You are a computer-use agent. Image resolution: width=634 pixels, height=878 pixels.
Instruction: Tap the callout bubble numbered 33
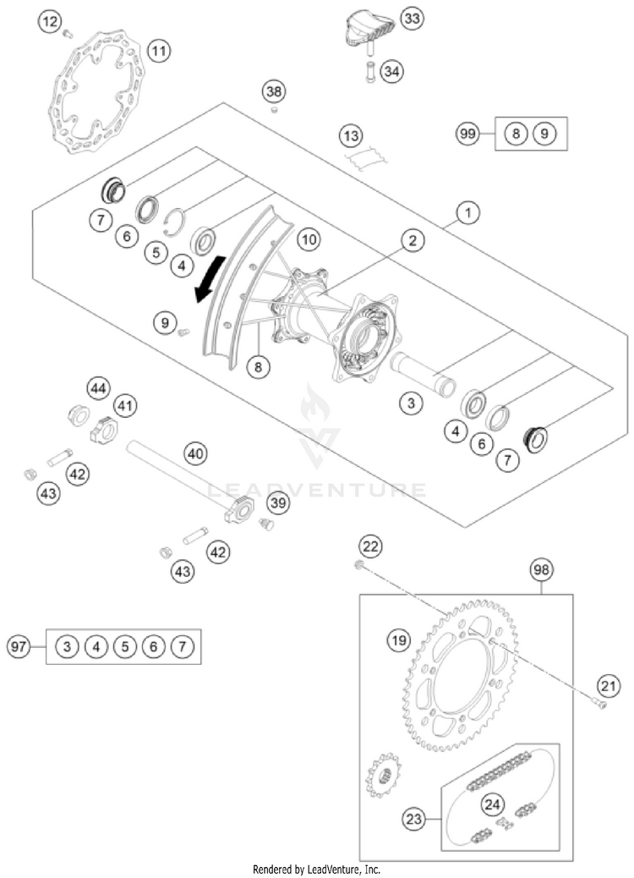(412, 19)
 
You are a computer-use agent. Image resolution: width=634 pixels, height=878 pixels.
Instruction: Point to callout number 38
(273, 91)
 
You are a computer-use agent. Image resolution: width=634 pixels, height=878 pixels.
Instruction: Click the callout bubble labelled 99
(467, 134)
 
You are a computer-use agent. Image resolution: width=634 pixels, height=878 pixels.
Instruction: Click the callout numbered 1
(467, 213)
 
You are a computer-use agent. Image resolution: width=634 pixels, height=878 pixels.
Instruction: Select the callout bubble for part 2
(412, 242)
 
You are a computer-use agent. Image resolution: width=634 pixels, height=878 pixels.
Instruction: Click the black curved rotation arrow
(208, 280)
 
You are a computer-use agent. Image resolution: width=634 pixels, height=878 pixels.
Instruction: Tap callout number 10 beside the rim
(308, 240)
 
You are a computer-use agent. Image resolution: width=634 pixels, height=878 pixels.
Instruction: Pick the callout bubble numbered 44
(98, 388)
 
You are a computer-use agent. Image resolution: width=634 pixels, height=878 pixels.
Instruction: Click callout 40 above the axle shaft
(195, 454)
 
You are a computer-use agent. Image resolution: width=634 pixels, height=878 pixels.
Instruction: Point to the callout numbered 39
(277, 503)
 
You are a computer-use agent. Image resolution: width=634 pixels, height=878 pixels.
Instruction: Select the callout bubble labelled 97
(19, 647)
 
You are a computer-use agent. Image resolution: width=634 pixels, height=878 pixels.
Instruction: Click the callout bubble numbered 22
(369, 546)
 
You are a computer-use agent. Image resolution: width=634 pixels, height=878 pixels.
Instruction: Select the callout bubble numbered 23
(413, 819)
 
